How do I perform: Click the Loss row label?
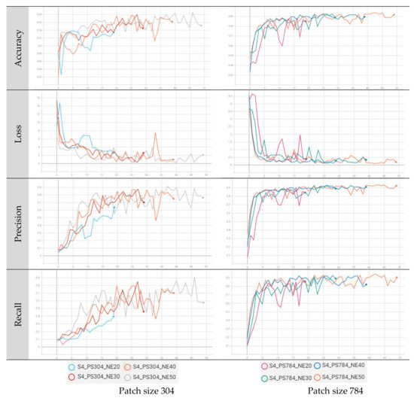click(16, 132)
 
